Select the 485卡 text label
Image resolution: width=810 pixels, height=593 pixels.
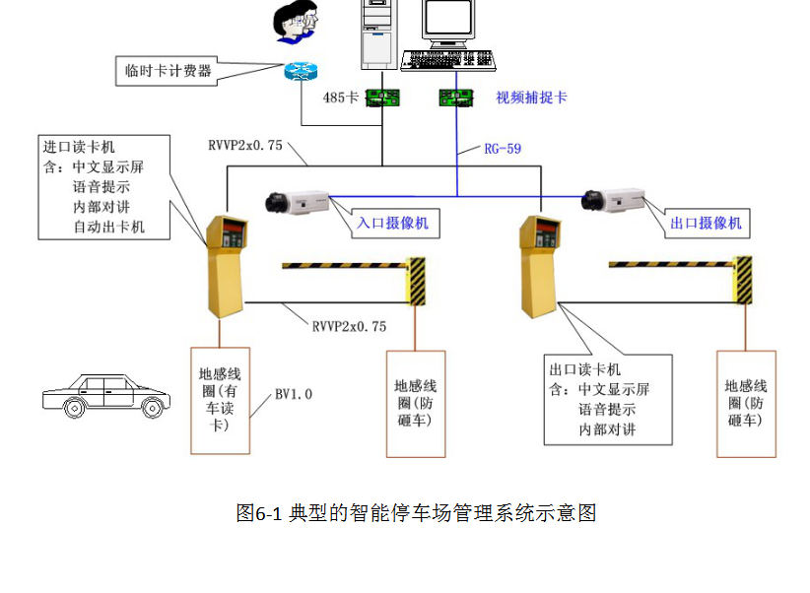coord(341,98)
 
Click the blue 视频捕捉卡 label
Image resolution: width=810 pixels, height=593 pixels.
coord(531,98)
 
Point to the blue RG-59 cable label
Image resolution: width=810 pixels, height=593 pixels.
coord(502,149)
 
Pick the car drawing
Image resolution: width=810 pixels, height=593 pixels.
coord(102,394)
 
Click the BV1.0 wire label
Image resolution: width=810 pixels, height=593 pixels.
coord(294,394)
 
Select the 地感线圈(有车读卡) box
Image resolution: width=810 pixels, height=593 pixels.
coord(220,399)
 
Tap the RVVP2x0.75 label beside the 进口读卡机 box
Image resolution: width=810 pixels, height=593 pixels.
coord(245,146)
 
